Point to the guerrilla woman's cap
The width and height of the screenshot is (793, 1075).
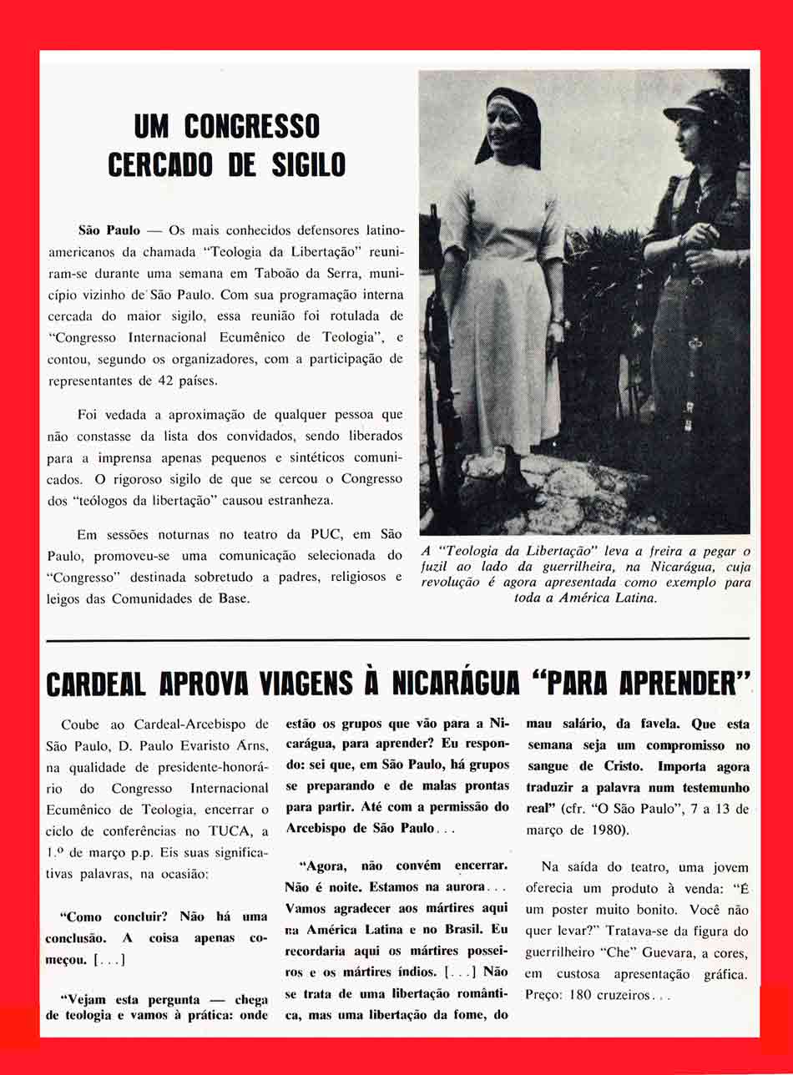[x=708, y=107]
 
